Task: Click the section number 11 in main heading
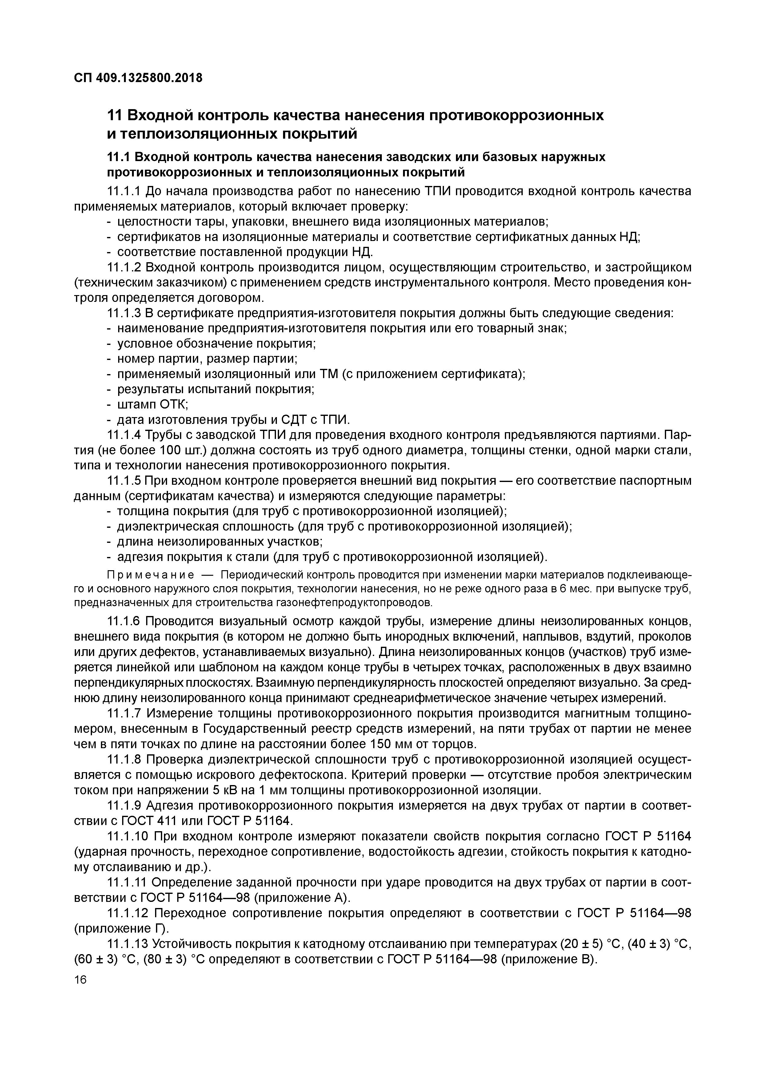pos(115,116)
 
